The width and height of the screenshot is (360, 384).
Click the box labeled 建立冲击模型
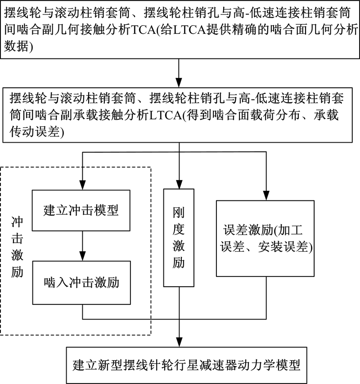point(81,210)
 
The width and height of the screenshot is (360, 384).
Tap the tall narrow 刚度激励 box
point(179,237)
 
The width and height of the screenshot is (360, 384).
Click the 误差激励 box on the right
point(264,237)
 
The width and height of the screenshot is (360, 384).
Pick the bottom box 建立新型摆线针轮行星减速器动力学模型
point(180,364)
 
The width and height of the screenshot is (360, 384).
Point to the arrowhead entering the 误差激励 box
point(265,193)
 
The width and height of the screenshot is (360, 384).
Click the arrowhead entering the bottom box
point(180,342)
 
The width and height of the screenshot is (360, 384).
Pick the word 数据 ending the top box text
point(15,48)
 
